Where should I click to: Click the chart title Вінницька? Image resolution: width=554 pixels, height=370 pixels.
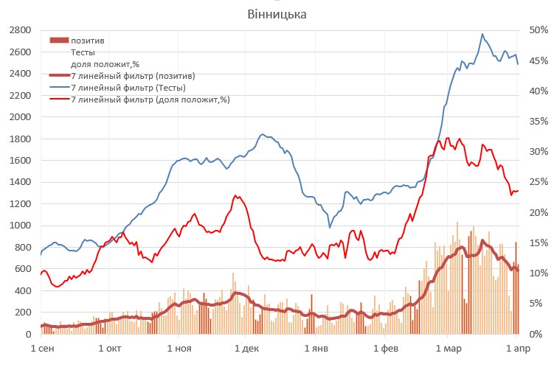click(x=277, y=15)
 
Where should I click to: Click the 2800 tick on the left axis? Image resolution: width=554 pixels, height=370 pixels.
click(x=19, y=30)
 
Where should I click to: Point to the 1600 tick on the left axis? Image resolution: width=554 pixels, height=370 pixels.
click(x=19, y=160)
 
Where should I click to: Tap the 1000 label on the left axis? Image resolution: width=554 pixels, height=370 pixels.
click(x=19, y=226)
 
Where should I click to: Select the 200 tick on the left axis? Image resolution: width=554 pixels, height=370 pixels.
click(x=22, y=313)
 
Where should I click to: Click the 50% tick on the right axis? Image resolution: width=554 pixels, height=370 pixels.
click(x=538, y=30)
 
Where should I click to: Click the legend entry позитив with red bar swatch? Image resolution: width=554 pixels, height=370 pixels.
click(x=88, y=41)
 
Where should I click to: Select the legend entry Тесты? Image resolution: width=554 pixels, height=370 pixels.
click(x=83, y=52)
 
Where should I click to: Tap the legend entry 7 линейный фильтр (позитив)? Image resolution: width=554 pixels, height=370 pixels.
click(x=132, y=76)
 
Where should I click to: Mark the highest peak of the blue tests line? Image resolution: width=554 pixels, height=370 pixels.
click(x=482, y=34)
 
